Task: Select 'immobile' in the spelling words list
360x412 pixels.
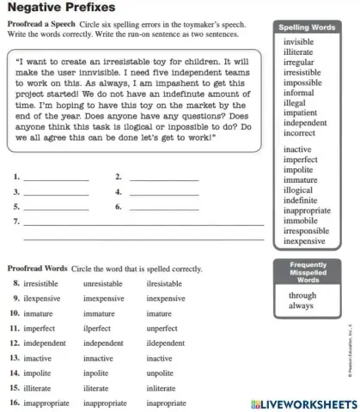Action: [x=299, y=221]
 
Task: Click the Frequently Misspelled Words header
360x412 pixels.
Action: [x=308, y=272]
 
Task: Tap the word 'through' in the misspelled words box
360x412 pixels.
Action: [x=302, y=295]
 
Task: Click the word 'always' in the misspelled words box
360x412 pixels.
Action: [x=301, y=306]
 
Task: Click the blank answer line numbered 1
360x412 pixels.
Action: [x=57, y=179]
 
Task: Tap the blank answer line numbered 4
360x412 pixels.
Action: [x=163, y=194]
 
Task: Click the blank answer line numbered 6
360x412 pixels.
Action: [x=163, y=209]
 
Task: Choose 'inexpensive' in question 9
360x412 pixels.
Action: [x=166, y=298]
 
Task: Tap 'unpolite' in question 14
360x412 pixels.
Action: [x=161, y=373]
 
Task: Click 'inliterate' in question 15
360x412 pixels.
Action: [x=163, y=388]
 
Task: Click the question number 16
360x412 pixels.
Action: [x=14, y=403]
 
